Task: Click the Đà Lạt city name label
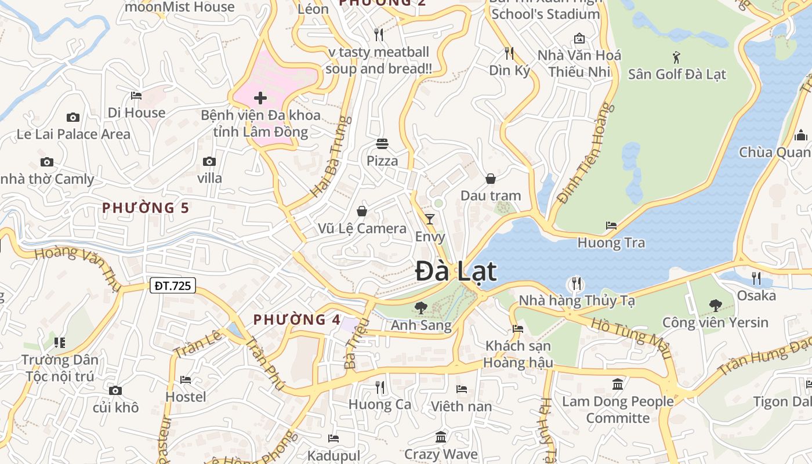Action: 456,272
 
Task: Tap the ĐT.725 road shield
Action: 173,285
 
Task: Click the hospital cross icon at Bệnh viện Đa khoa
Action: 260,97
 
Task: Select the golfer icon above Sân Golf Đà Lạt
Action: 676,57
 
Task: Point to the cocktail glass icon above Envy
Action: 429,219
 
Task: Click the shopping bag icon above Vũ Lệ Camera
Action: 362,211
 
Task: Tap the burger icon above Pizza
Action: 382,143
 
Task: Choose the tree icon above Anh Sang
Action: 420,308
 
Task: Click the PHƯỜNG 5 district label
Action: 146,208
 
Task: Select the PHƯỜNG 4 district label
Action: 297,320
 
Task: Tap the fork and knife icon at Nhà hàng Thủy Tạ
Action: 576,284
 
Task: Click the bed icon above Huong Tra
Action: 611,226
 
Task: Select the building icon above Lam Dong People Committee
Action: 617,384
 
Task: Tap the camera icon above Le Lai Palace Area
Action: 72,117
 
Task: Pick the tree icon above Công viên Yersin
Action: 715,305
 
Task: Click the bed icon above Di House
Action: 136,95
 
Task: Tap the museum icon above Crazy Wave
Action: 441,437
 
